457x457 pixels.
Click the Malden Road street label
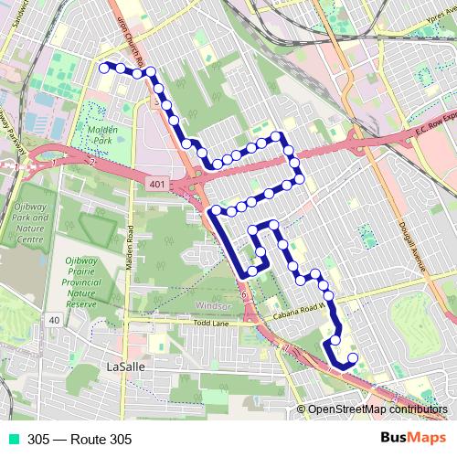(131, 248)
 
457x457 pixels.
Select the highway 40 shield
(56, 320)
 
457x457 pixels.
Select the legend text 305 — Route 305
(80, 440)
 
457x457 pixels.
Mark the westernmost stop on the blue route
(103, 65)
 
